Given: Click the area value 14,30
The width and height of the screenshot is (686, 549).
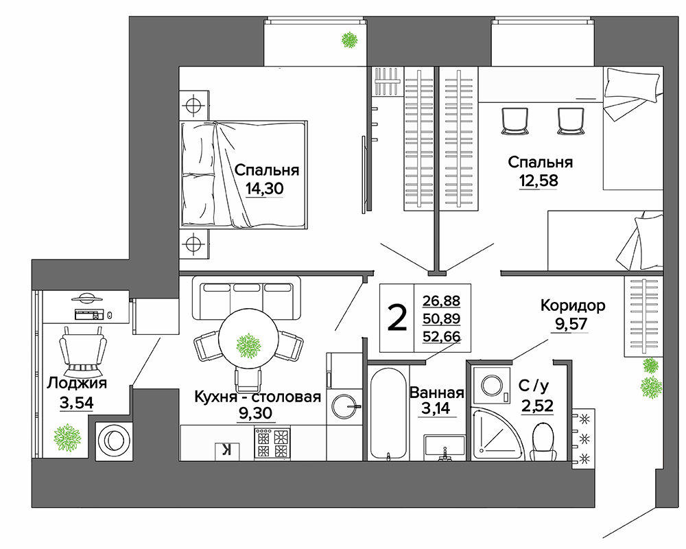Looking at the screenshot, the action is click(x=264, y=189).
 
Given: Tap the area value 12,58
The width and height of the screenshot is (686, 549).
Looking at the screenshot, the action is click(x=539, y=180).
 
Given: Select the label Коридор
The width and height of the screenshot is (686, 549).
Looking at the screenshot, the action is click(x=573, y=305).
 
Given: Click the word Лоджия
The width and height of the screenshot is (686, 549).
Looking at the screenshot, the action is click(x=77, y=383).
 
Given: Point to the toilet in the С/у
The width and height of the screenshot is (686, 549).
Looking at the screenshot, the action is click(x=543, y=441).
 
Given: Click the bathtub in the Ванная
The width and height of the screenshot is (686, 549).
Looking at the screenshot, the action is click(x=388, y=413).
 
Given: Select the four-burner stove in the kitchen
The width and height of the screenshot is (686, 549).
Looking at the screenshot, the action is click(x=272, y=443).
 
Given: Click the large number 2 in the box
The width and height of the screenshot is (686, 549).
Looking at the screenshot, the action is click(x=397, y=318).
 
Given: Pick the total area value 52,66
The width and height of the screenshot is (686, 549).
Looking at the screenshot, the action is click(x=441, y=336).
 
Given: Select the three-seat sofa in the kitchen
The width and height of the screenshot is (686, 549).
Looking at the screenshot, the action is click(x=247, y=298).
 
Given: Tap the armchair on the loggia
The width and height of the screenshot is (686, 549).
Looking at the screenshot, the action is click(x=83, y=349).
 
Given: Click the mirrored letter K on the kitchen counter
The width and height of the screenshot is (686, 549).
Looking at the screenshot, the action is click(x=226, y=450).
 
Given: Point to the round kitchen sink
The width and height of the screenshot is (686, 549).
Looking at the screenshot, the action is click(x=344, y=406).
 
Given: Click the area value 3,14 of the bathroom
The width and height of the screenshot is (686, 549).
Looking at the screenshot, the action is click(x=436, y=408).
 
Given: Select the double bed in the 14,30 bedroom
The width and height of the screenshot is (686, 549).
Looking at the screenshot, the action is click(x=244, y=175).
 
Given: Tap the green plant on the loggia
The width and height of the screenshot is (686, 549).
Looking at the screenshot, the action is click(x=67, y=437).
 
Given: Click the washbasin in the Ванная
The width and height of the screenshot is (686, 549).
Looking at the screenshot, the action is click(x=444, y=447).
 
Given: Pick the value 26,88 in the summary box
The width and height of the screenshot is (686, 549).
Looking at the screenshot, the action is click(x=441, y=301).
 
